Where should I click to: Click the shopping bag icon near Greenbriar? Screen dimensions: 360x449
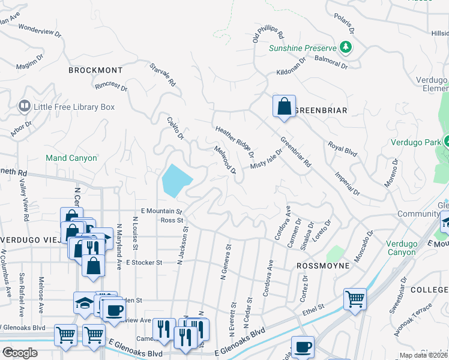click(x=284, y=107)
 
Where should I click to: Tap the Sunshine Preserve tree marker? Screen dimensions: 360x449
click(x=345, y=47)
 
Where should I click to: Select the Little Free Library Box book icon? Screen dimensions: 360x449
click(x=25, y=107)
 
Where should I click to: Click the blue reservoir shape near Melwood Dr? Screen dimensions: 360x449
click(x=176, y=181)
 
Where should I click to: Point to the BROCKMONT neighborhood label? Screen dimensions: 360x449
click(x=91, y=70)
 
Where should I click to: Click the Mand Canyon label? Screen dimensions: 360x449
click(x=71, y=158)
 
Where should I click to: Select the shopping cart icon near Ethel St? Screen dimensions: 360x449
click(x=355, y=298)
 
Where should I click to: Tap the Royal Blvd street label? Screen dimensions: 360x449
click(x=342, y=149)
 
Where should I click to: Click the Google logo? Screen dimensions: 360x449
click(x=20, y=353)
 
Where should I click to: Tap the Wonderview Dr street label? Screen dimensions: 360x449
click(x=40, y=32)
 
